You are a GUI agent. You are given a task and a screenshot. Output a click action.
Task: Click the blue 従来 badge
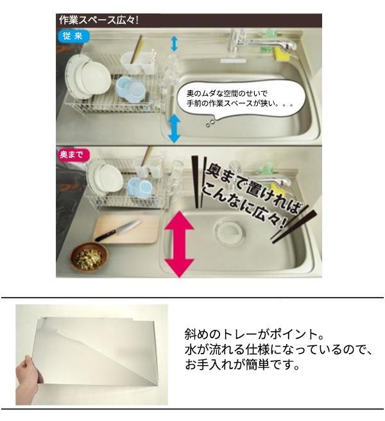click(73, 36)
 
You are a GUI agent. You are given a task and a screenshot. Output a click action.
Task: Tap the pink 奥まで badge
click(71, 155)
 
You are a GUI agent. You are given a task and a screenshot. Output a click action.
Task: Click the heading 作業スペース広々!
click(99, 20)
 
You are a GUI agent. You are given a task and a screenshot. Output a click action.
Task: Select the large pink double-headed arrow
click(179, 244)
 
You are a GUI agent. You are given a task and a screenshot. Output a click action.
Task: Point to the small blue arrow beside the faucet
click(175, 44)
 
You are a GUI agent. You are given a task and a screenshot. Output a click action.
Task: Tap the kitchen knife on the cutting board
click(118, 231)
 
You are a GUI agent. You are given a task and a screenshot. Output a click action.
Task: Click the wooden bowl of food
click(89, 257)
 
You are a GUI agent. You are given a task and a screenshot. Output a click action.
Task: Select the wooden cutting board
click(127, 229)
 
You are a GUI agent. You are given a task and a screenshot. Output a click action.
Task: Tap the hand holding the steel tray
click(28, 370)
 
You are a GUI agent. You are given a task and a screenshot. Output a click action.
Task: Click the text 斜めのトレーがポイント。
click(254, 334)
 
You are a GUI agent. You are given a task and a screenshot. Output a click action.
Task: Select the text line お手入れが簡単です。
click(242, 365)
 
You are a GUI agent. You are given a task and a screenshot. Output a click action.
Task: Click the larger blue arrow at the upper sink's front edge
click(175, 128)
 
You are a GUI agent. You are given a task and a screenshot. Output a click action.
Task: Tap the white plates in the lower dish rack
click(105, 177)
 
